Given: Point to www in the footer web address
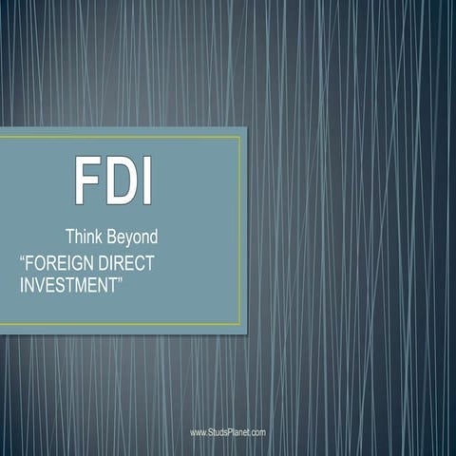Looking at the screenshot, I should [198, 432].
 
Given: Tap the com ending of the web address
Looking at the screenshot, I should [257, 432].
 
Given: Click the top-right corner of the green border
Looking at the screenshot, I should [240, 137].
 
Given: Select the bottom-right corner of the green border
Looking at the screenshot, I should [240, 324].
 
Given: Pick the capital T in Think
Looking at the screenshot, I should [69, 236].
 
